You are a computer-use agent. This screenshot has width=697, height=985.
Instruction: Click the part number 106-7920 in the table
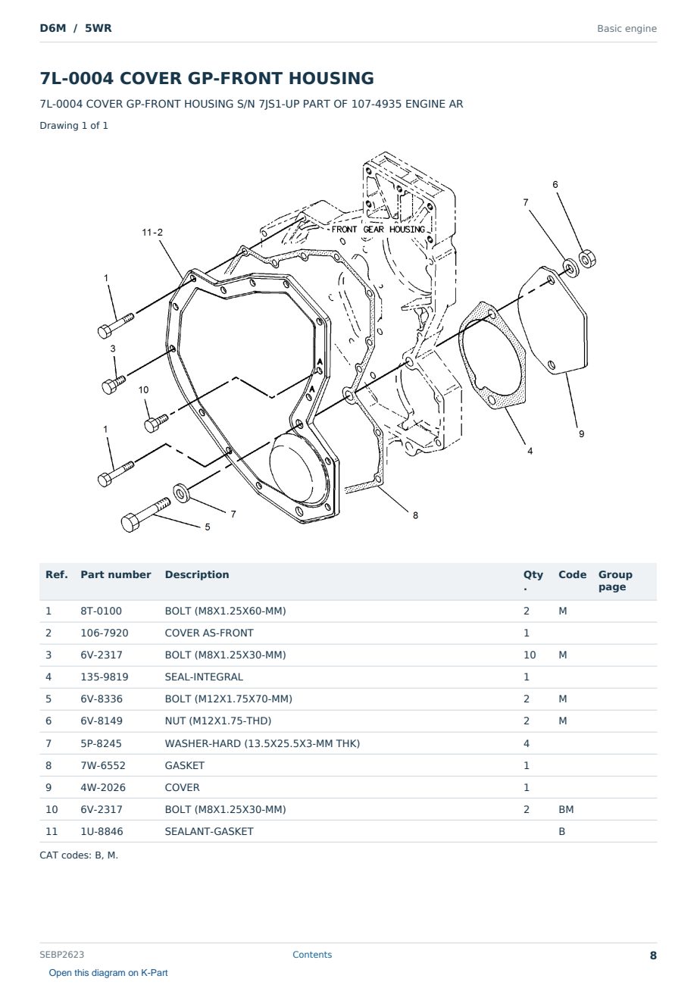click(x=105, y=633)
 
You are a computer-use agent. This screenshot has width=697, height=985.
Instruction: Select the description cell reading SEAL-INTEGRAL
click(x=204, y=677)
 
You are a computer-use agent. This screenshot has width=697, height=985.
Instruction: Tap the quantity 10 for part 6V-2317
click(x=530, y=655)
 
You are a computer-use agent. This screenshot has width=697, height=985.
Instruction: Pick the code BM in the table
click(x=566, y=809)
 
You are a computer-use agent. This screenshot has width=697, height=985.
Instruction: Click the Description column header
click(x=197, y=575)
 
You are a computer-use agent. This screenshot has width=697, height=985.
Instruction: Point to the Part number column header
click(x=116, y=575)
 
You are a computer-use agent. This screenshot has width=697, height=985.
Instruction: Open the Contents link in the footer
click(x=312, y=955)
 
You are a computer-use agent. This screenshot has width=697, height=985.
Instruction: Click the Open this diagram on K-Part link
click(x=108, y=973)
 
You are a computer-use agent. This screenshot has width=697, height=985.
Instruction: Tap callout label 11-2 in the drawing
click(x=152, y=232)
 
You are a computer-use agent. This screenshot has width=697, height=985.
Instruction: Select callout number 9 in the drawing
click(x=581, y=434)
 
